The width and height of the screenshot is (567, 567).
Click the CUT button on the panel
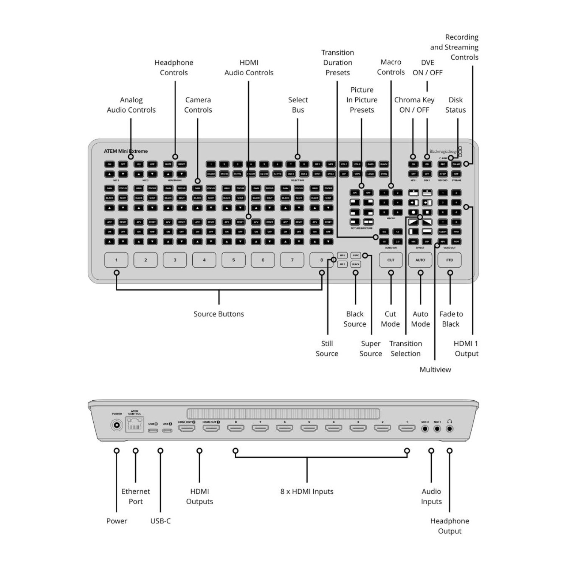(x=391, y=260)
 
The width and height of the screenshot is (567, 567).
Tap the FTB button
(x=449, y=260)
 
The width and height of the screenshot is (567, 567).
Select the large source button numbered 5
(x=234, y=260)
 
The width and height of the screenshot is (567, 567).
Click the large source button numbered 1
(x=116, y=260)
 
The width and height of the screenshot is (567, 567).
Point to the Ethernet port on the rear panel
(x=134, y=426)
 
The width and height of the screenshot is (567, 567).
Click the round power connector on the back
(x=116, y=426)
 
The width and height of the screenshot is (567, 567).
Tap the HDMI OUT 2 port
(x=187, y=428)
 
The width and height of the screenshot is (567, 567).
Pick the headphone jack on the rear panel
(x=449, y=429)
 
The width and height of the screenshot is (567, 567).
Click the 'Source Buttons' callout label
(x=218, y=314)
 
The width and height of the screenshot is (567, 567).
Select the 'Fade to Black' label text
(x=451, y=319)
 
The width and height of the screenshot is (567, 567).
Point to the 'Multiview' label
(x=435, y=370)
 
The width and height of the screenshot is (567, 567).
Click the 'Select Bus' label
(x=298, y=105)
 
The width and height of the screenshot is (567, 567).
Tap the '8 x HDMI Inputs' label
(x=307, y=491)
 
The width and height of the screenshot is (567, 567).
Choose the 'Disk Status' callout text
(x=455, y=105)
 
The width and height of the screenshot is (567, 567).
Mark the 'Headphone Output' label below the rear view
(x=449, y=526)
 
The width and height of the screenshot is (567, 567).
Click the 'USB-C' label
(x=160, y=521)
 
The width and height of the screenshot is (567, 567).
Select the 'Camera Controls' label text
(x=198, y=105)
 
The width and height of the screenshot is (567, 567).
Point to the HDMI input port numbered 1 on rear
(x=407, y=428)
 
